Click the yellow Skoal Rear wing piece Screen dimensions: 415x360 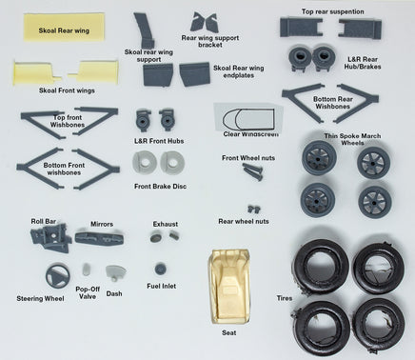[x=64, y=27]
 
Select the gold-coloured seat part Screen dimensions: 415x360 [x=229, y=288]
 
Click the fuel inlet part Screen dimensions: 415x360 [x=160, y=270]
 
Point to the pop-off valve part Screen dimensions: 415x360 [x=87, y=270]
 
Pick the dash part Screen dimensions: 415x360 [x=115, y=272]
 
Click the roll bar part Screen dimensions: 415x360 [x=51, y=237]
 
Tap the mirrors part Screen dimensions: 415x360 [x=99, y=238]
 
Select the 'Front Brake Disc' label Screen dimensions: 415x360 [x=160, y=187]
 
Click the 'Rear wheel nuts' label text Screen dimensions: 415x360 [x=244, y=221]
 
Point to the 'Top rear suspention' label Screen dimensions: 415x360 [x=332, y=11]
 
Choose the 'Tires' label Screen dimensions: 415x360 [x=285, y=298]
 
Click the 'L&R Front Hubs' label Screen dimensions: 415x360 [x=159, y=141]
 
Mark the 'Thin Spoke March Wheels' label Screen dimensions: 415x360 [x=352, y=139]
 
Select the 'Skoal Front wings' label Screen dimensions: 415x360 [x=67, y=90]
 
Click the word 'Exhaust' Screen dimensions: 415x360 [x=166, y=224]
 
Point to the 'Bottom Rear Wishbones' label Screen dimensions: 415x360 [x=333, y=103]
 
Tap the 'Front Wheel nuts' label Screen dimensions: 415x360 [x=248, y=158]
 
